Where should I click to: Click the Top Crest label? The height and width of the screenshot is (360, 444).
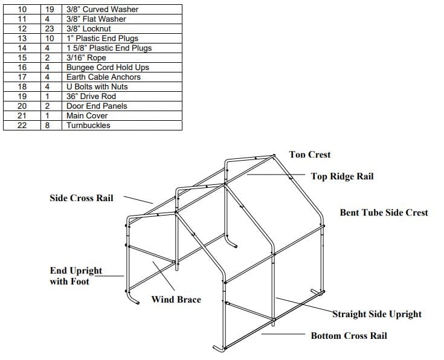tap(310, 155)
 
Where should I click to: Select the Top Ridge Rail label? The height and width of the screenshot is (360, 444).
tap(342, 176)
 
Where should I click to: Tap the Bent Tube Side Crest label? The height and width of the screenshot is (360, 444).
tap(384, 213)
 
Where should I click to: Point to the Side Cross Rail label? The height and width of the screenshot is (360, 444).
tap(81, 198)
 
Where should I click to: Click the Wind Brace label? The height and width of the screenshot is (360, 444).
tap(176, 300)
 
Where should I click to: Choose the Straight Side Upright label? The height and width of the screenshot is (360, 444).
tap(377, 314)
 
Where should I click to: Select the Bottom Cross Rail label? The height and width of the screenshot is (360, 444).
tap(349, 336)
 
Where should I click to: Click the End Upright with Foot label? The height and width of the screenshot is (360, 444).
tap(76, 276)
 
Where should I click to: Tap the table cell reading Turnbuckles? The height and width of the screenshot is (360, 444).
tap(88, 126)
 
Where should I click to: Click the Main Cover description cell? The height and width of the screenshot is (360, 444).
tap(87, 116)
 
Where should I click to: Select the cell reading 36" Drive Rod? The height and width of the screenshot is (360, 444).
tap(91, 97)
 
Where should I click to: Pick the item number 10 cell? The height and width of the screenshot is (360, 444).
tap(22, 10)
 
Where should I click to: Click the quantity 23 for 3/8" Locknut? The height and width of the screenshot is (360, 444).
tap(52, 29)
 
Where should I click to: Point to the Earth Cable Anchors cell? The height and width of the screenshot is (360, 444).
tap(103, 77)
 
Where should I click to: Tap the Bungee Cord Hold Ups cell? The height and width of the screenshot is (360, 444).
tap(108, 68)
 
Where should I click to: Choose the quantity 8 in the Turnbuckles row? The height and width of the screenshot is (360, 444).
tap(52, 126)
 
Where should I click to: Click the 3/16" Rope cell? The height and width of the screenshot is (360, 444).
tap(86, 58)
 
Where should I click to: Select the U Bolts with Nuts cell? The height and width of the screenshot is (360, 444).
tap(97, 87)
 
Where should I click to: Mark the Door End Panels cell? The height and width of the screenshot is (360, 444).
tap(97, 106)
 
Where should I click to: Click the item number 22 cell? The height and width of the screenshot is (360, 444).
tap(22, 126)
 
